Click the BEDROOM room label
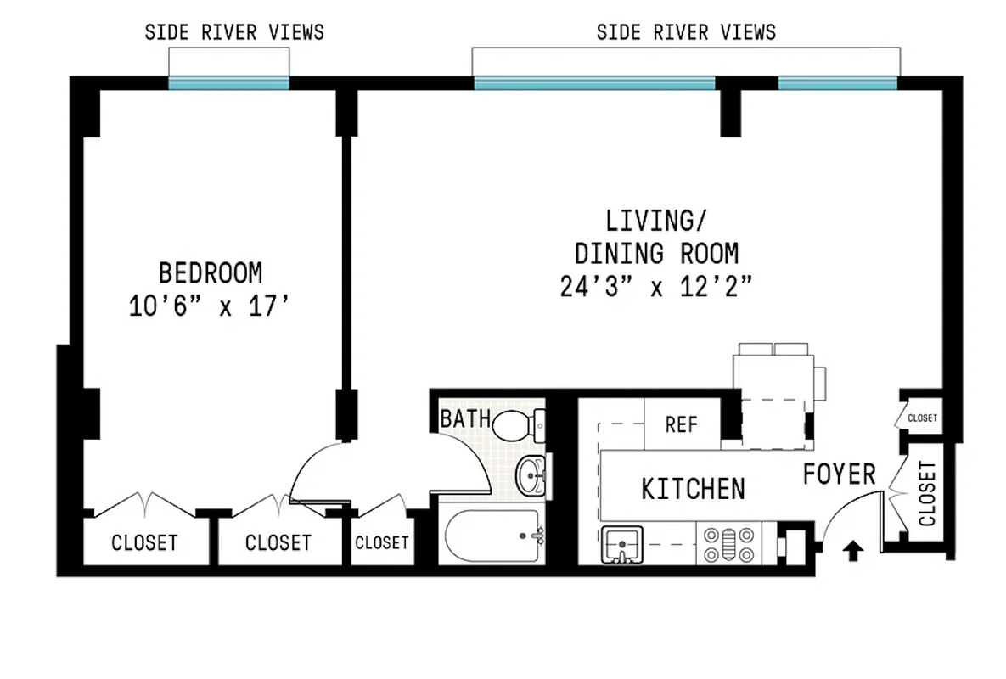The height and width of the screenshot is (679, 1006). (211, 273)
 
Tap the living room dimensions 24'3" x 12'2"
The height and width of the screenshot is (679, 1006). (655, 288)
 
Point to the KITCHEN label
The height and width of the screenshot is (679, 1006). (693, 489)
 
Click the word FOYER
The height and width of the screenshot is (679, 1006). (838, 474)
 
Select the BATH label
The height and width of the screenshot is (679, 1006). (464, 418)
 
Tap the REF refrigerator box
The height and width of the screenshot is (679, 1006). (681, 424)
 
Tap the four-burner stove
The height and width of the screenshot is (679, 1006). (727, 544)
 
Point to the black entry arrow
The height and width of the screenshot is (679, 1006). (852, 552)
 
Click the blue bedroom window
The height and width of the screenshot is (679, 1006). (228, 83)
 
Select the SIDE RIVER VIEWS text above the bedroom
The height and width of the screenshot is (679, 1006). (234, 33)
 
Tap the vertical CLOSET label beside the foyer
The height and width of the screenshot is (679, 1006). (926, 493)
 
